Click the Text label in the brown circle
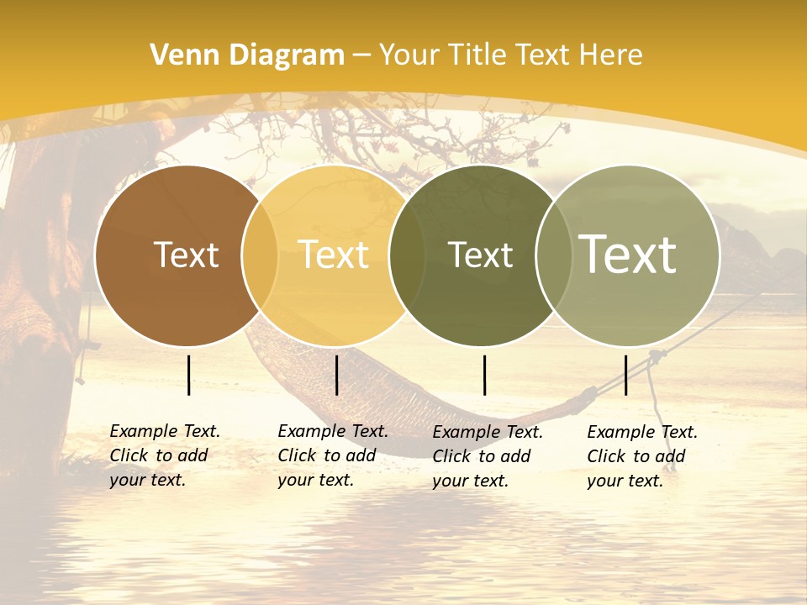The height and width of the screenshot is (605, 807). click(186, 255)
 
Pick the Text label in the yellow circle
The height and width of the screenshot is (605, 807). click(334, 255)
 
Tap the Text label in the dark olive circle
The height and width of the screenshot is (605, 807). click(480, 255)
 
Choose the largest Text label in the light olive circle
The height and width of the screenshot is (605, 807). click(628, 254)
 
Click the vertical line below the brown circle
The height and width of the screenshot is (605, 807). click(188, 375)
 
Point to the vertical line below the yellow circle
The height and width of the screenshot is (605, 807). click(336, 375)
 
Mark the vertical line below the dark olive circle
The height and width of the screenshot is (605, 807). click(484, 375)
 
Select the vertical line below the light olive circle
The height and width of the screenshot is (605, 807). click(625, 375)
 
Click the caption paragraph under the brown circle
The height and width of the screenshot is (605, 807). click(164, 455)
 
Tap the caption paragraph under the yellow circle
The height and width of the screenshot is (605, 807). click(332, 455)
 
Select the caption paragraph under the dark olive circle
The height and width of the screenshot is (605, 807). click(487, 456)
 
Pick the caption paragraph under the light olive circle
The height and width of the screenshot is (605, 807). click(641, 456)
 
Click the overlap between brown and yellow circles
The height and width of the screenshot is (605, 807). click(260, 255)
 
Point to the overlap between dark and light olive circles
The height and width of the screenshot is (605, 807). click(553, 255)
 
